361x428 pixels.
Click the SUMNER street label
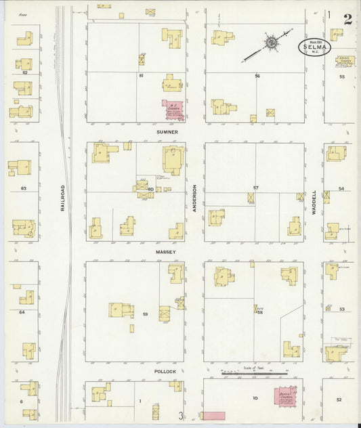tap(167, 132)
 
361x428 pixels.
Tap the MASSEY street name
tap(165, 252)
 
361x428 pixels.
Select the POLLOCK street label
tap(165, 372)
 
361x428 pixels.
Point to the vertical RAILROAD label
tap(61, 197)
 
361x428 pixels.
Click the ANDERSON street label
tap(194, 200)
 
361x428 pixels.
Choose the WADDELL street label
tap(314, 200)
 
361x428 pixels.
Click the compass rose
tap(270, 43)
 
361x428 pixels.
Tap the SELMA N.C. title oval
tap(313, 47)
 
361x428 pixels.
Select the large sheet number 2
tap(347, 17)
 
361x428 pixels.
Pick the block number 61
tap(141, 75)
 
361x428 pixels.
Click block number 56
tap(257, 76)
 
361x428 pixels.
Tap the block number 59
tap(145, 314)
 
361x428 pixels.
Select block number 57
tap(256, 187)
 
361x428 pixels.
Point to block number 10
tap(255, 399)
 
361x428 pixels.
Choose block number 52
tap(339, 400)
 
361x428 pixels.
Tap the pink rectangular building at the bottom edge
tap(214, 415)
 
